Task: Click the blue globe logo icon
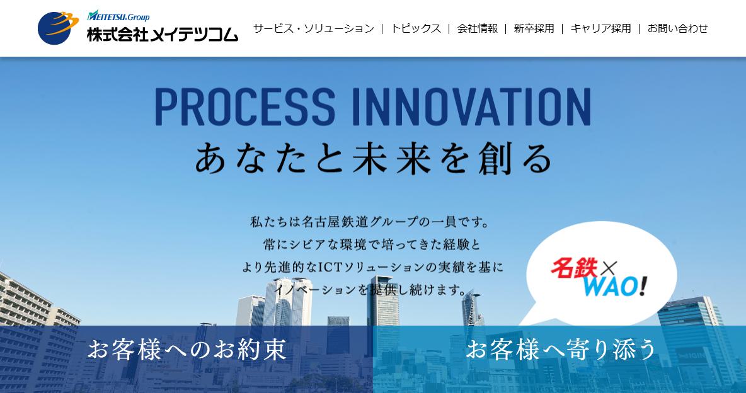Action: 58,28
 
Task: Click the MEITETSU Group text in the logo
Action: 118,16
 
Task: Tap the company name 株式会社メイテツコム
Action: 162,34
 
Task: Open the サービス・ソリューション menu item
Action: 314,28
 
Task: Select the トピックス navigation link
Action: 416,28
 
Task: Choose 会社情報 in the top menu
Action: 477,28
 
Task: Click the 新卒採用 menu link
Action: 534,28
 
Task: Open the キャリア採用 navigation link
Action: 600,28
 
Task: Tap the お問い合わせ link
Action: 677,28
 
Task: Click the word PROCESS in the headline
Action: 245,106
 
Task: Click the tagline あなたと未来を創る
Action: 373,159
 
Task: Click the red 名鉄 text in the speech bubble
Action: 573,268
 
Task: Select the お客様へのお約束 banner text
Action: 187,350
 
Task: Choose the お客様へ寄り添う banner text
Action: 561,350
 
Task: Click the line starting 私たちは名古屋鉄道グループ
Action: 370,221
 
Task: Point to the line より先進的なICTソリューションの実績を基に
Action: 372,267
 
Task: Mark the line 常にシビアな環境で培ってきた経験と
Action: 372,244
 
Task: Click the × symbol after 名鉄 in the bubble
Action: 607,269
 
